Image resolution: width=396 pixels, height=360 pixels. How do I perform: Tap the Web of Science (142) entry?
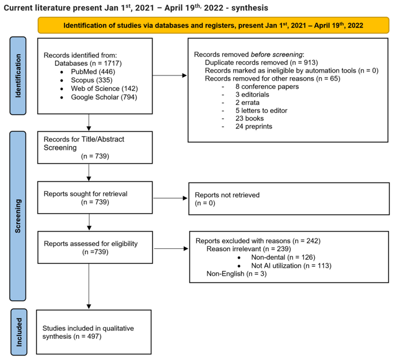coord(104,88)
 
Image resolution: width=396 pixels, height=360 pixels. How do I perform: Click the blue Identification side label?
coord(18,75)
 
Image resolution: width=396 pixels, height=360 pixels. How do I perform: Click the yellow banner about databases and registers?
coord(213,25)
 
